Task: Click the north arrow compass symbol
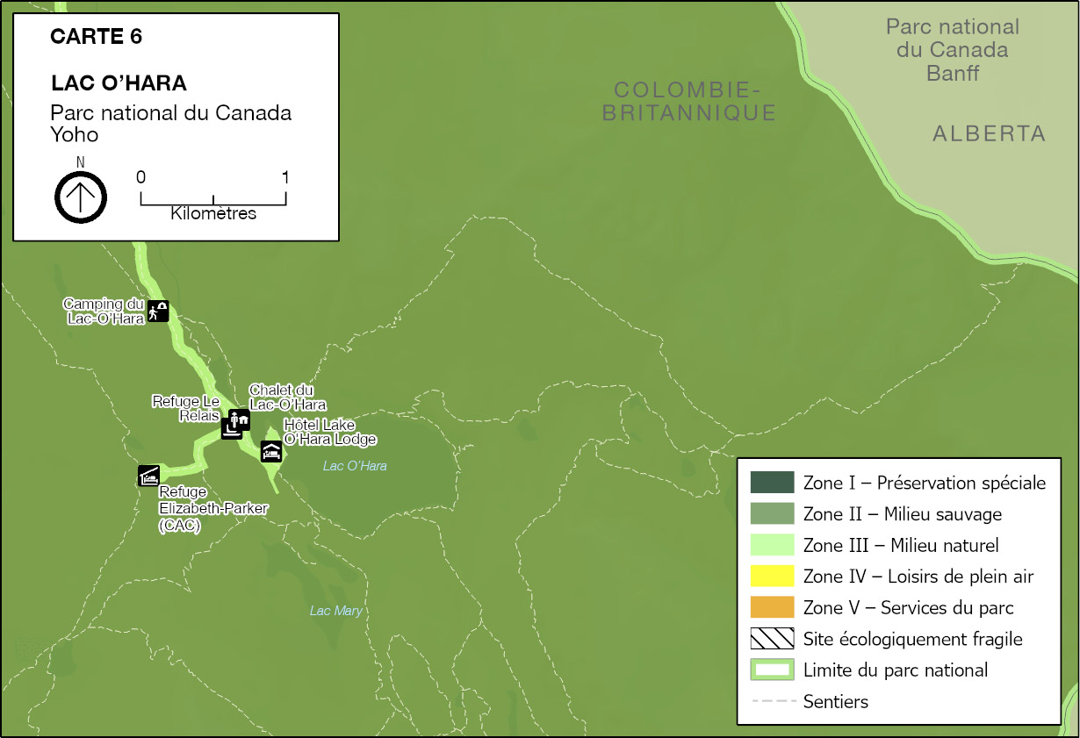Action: [x=81, y=197]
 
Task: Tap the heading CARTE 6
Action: [x=97, y=37]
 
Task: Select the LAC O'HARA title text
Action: [x=119, y=83]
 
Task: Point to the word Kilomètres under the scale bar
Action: [x=213, y=213]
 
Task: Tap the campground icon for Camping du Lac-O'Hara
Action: [x=158, y=312]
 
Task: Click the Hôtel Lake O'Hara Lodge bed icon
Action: [x=271, y=452]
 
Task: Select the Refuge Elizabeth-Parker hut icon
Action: [x=148, y=475]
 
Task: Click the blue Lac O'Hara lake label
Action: [x=355, y=466]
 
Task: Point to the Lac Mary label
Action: [x=336, y=611]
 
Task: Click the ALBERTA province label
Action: [x=990, y=134]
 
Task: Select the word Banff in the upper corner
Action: [x=953, y=73]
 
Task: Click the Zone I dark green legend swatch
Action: [x=772, y=483]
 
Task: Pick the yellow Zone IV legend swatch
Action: [x=772, y=577]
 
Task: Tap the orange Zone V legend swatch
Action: [x=772, y=608]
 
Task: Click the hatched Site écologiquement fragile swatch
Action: [x=772, y=639]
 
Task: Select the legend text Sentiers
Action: [x=835, y=702]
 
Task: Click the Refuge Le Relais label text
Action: [x=185, y=408]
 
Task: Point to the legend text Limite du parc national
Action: [x=896, y=670]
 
